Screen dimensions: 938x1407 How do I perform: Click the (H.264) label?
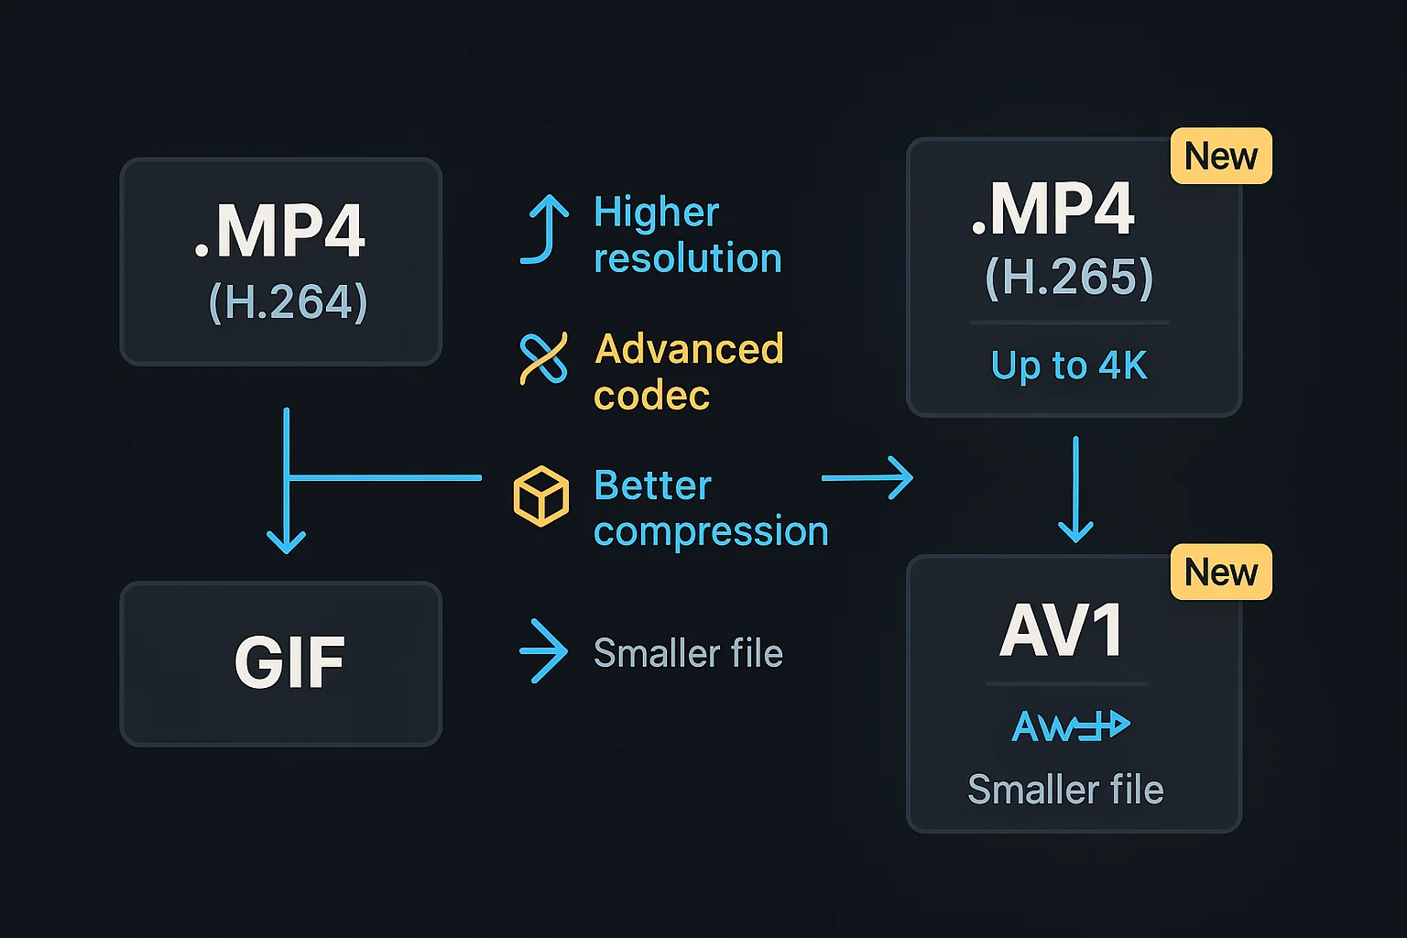tap(288, 301)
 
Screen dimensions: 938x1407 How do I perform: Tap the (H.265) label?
tap(1069, 277)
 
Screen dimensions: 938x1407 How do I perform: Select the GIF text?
tap(289, 662)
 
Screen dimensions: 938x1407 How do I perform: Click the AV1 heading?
tap(1062, 630)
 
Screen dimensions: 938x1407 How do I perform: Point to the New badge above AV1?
tap(1221, 573)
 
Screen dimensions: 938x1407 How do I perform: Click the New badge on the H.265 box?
tap(1221, 156)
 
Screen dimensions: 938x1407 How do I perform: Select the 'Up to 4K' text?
tap(1069, 365)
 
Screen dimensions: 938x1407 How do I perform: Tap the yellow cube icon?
tap(540, 496)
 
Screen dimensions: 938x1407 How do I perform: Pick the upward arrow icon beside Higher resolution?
tap(546, 229)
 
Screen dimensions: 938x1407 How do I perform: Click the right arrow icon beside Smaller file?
tap(544, 651)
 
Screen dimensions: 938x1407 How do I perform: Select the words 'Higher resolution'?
tap(687, 235)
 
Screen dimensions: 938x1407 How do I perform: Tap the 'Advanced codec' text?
tap(688, 372)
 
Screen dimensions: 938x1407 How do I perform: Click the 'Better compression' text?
tap(710, 508)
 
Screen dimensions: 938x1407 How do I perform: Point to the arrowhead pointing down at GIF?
tap(286, 541)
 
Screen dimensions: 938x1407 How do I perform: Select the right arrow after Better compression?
tap(867, 478)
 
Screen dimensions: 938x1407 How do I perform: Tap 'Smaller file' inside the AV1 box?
tap(1065, 790)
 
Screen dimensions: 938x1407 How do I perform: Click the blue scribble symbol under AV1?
tap(1070, 726)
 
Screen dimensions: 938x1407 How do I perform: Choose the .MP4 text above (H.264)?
tap(280, 231)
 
